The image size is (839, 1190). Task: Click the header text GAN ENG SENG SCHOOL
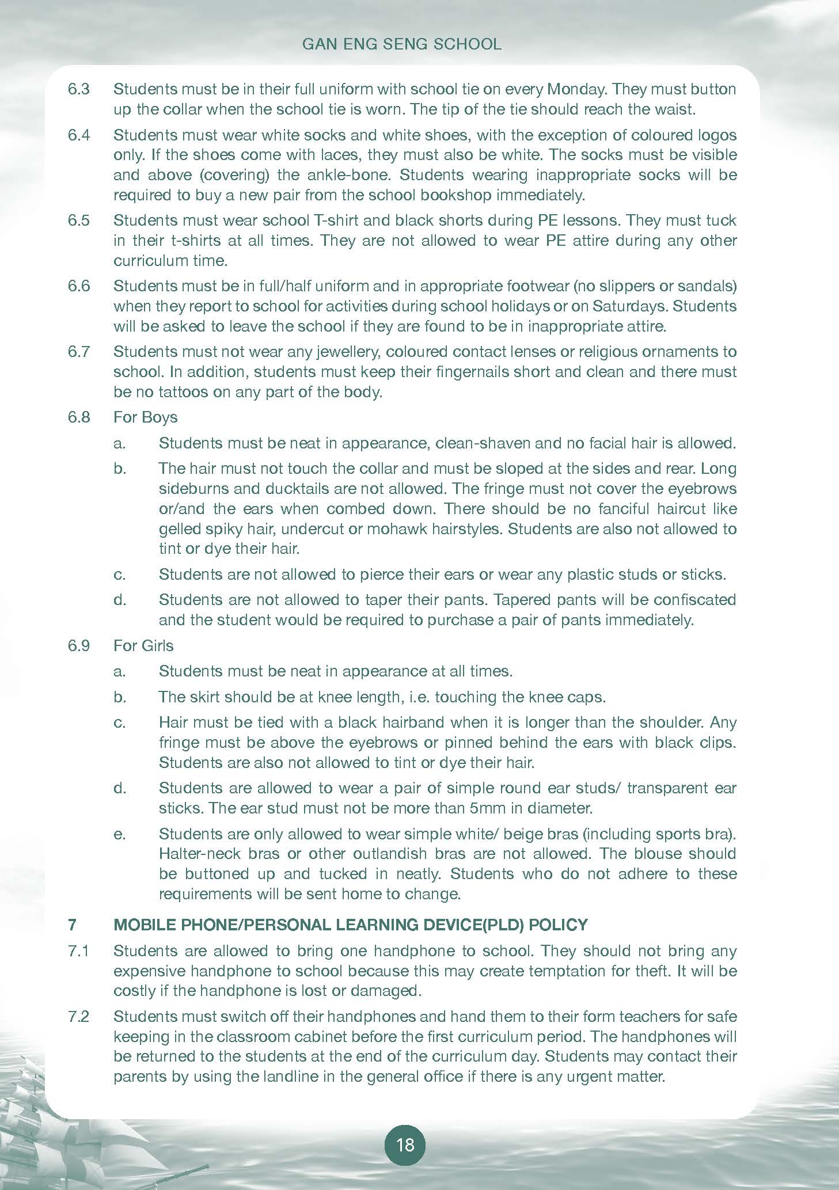pyautogui.click(x=402, y=44)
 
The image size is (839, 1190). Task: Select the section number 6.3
pyautogui.click(x=79, y=89)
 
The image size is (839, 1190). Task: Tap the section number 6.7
pyautogui.click(x=79, y=352)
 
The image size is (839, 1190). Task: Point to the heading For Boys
pyautogui.click(x=145, y=417)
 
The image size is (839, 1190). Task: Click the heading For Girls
pyautogui.click(x=143, y=645)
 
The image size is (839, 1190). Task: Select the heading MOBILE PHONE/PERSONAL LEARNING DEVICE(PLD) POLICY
pyautogui.click(x=351, y=925)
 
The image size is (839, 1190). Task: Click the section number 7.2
pyautogui.click(x=79, y=1016)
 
